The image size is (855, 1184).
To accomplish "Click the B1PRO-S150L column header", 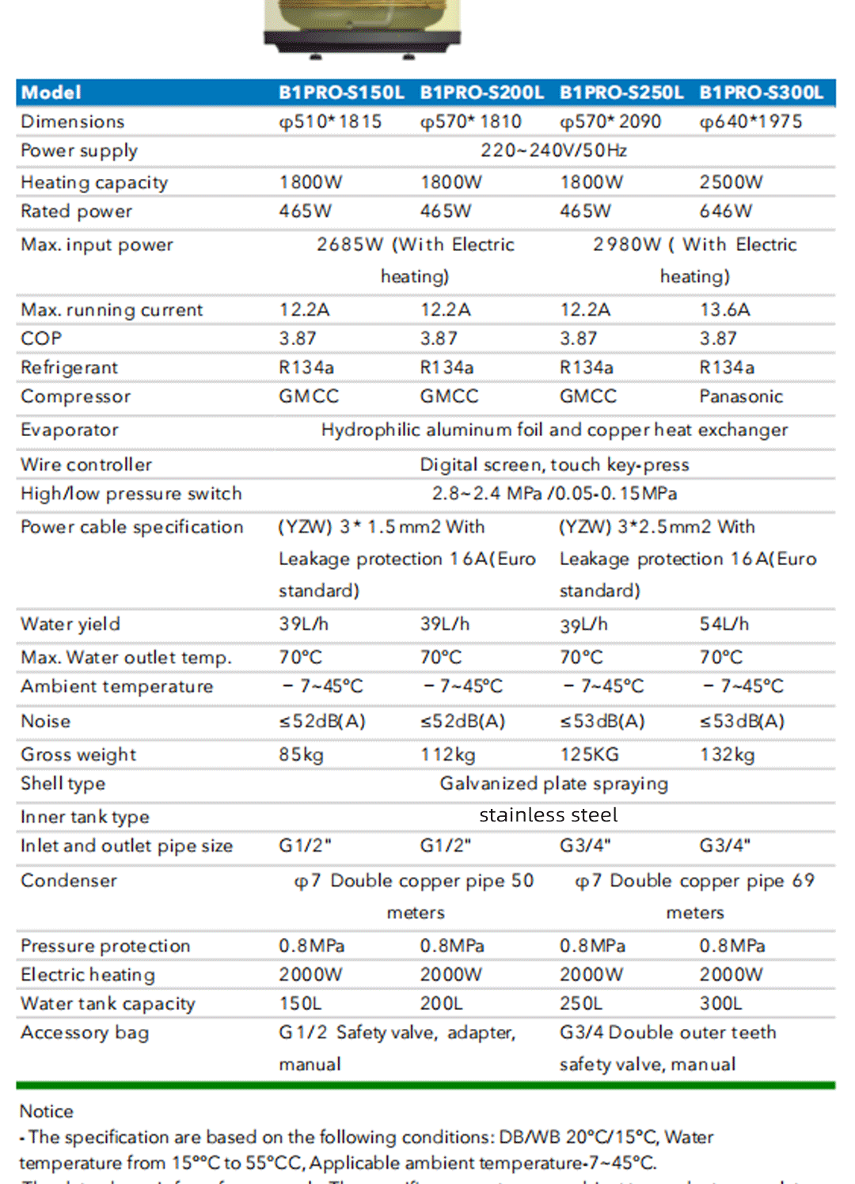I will (341, 93).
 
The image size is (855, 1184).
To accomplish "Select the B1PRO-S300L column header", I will (761, 93).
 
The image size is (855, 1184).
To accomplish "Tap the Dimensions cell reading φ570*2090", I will (610, 122).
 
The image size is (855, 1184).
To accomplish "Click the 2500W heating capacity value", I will (731, 183).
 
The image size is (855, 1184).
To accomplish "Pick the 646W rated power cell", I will (725, 211).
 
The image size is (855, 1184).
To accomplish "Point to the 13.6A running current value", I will (724, 309).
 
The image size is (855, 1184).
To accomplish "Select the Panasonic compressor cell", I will (740, 397).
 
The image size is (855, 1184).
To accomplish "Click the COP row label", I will (41, 339).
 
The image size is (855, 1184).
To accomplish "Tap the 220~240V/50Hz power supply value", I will (553, 150).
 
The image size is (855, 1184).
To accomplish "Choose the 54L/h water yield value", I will (724, 624).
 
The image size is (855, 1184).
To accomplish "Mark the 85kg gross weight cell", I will (301, 755).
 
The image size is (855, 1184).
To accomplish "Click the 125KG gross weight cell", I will (589, 755).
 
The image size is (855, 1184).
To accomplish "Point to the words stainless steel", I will (548, 815).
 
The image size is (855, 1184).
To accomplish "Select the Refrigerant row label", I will (69, 368).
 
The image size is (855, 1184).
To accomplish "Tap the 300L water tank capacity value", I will (720, 1004).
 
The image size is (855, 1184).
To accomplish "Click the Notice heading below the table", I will (46, 1111).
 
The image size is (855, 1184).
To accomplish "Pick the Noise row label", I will (45, 722).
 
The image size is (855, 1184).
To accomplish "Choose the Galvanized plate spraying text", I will (553, 784).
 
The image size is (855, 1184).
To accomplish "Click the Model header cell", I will (51, 93).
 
